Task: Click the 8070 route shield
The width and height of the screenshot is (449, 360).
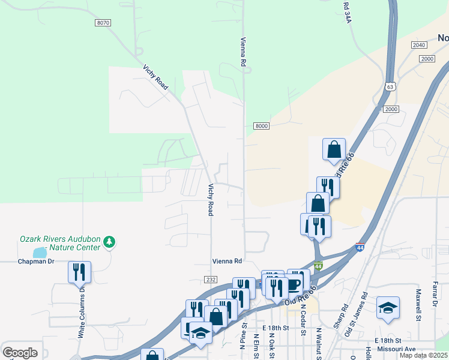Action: point(103,23)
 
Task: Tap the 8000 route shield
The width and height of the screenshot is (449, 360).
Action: point(261,126)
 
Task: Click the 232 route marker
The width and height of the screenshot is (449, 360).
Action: point(210,280)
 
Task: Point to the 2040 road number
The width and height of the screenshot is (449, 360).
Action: point(419,45)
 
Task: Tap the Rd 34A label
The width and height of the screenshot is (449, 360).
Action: point(347,13)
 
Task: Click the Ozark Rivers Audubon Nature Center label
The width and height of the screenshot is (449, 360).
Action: point(59,242)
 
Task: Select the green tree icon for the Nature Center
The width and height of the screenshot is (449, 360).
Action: point(109,242)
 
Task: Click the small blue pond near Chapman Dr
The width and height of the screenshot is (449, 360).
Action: point(39,253)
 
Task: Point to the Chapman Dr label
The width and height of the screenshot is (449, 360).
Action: point(36,262)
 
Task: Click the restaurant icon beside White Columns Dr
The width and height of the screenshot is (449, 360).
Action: point(79,272)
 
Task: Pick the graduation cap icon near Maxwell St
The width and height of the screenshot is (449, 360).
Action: point(388,308)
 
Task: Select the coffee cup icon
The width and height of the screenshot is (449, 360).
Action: point(294,284)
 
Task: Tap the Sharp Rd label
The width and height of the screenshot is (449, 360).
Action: point(345,315)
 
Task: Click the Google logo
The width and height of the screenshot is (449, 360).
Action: point(20,353)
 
